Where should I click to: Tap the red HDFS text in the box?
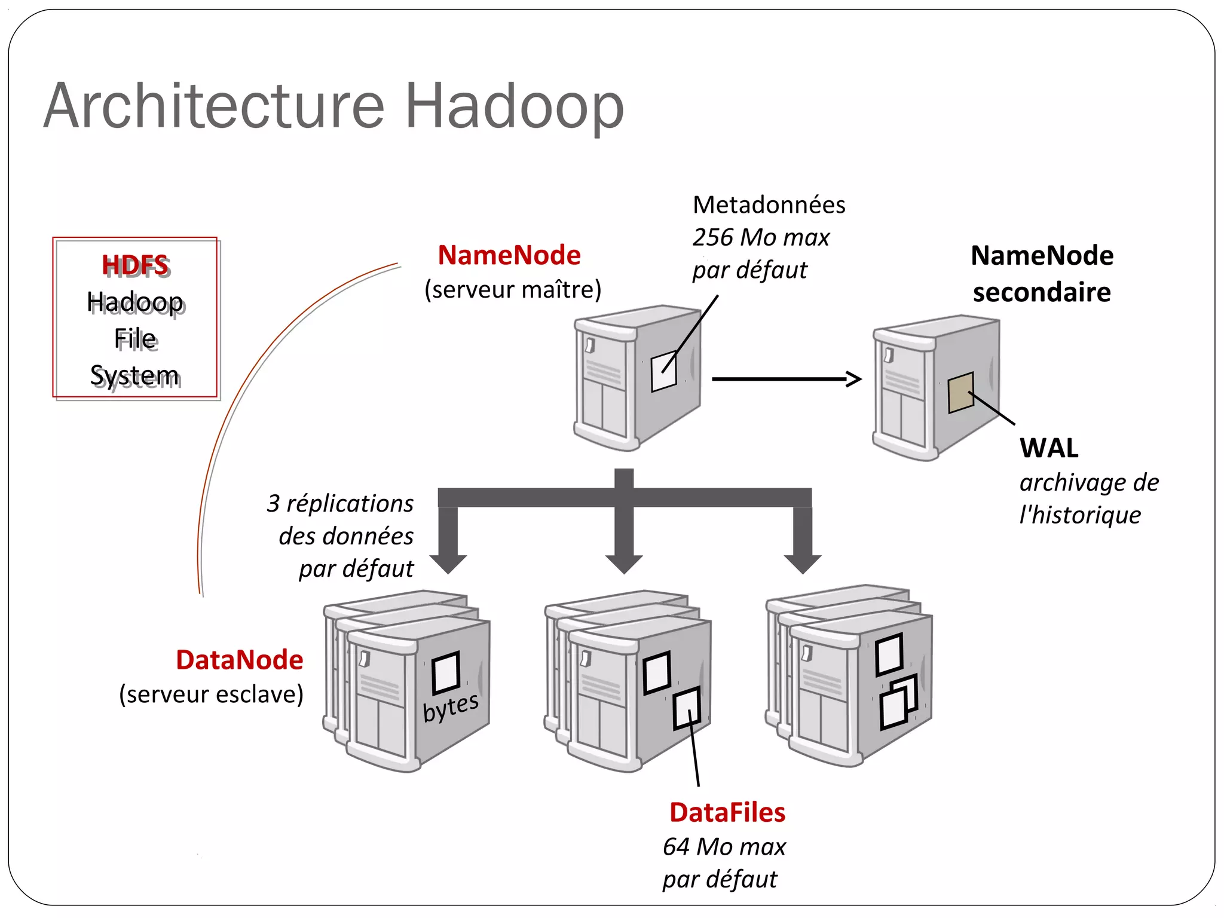[136, 265]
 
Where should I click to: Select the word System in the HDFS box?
[135, 375]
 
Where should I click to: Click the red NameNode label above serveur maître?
[509, 256]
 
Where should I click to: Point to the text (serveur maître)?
[513, 290]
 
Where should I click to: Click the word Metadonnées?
[769, 205]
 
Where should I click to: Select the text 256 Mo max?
[761, 238]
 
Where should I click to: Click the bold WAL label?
[1049, 448]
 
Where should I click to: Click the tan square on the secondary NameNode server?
[960, 392]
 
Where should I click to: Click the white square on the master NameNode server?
[663, 371]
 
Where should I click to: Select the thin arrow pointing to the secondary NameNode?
[786, 379]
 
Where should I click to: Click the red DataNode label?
[240, 660]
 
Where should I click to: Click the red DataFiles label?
[727, 813]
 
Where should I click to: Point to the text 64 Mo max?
[724, 847]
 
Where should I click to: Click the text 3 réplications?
[340, 504]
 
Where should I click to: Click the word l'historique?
[1080, 515]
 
